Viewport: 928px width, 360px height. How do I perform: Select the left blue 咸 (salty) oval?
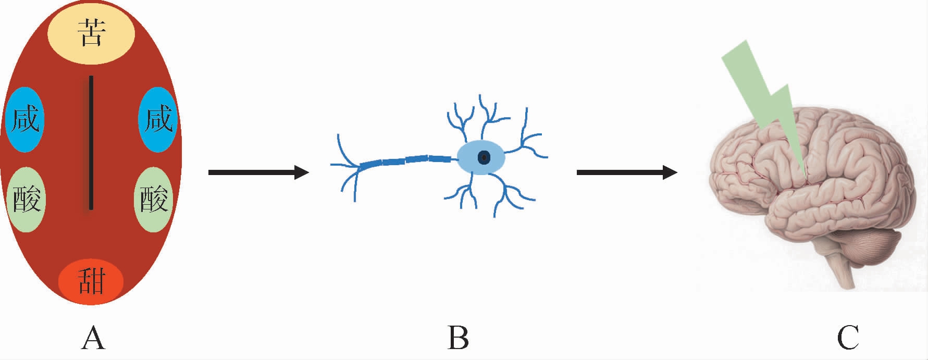(x=25, y=119)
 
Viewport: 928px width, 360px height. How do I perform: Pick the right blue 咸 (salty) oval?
(x=158, y=119)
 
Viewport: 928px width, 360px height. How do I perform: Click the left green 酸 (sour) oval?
(x=26, y=200)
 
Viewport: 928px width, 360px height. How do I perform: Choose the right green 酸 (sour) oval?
(x=154, y=200)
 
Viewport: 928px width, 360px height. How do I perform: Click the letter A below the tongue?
(x=93, y=338)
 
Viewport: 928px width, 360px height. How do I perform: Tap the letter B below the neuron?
(x=458, y=338)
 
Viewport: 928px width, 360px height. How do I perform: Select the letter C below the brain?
(x=848, y=338)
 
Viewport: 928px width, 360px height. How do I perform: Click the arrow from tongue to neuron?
(x=258, y=172)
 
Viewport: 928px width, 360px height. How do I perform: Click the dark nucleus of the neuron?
(x=484, y=157)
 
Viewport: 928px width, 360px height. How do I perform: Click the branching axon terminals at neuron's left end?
(x=347, y=167)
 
